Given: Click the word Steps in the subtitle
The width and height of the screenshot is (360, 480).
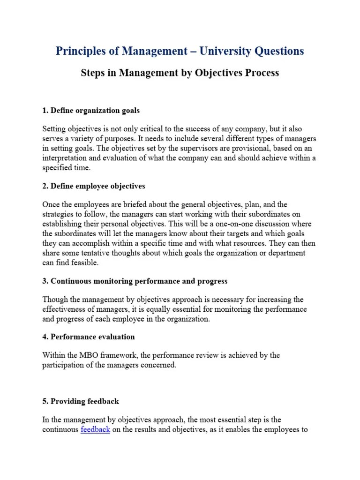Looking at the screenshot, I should pos(93,73).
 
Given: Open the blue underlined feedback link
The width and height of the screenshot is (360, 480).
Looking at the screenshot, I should pos(95,430).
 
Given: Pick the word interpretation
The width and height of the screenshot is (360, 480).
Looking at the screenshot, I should pos(65,158).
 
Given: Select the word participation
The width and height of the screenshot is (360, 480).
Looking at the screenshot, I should pos(65,365).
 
